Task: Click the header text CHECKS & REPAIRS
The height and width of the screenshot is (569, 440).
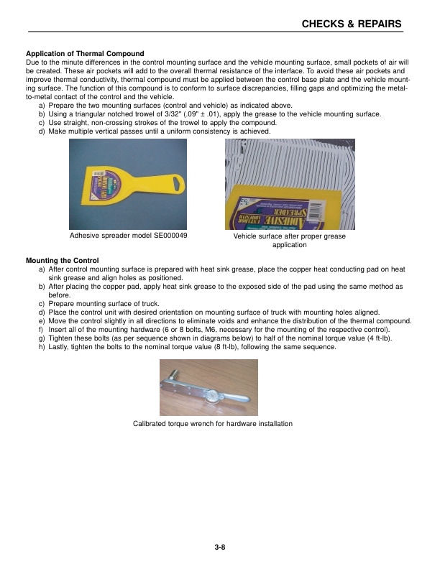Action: click(351, 24)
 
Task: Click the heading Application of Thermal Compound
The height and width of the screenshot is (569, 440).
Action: click(85, 54)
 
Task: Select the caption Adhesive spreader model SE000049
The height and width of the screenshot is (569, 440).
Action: click(129, 236)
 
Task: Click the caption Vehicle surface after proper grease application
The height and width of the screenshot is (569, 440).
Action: click(290, 241)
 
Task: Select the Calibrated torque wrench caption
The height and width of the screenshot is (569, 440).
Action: click(213, 424)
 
